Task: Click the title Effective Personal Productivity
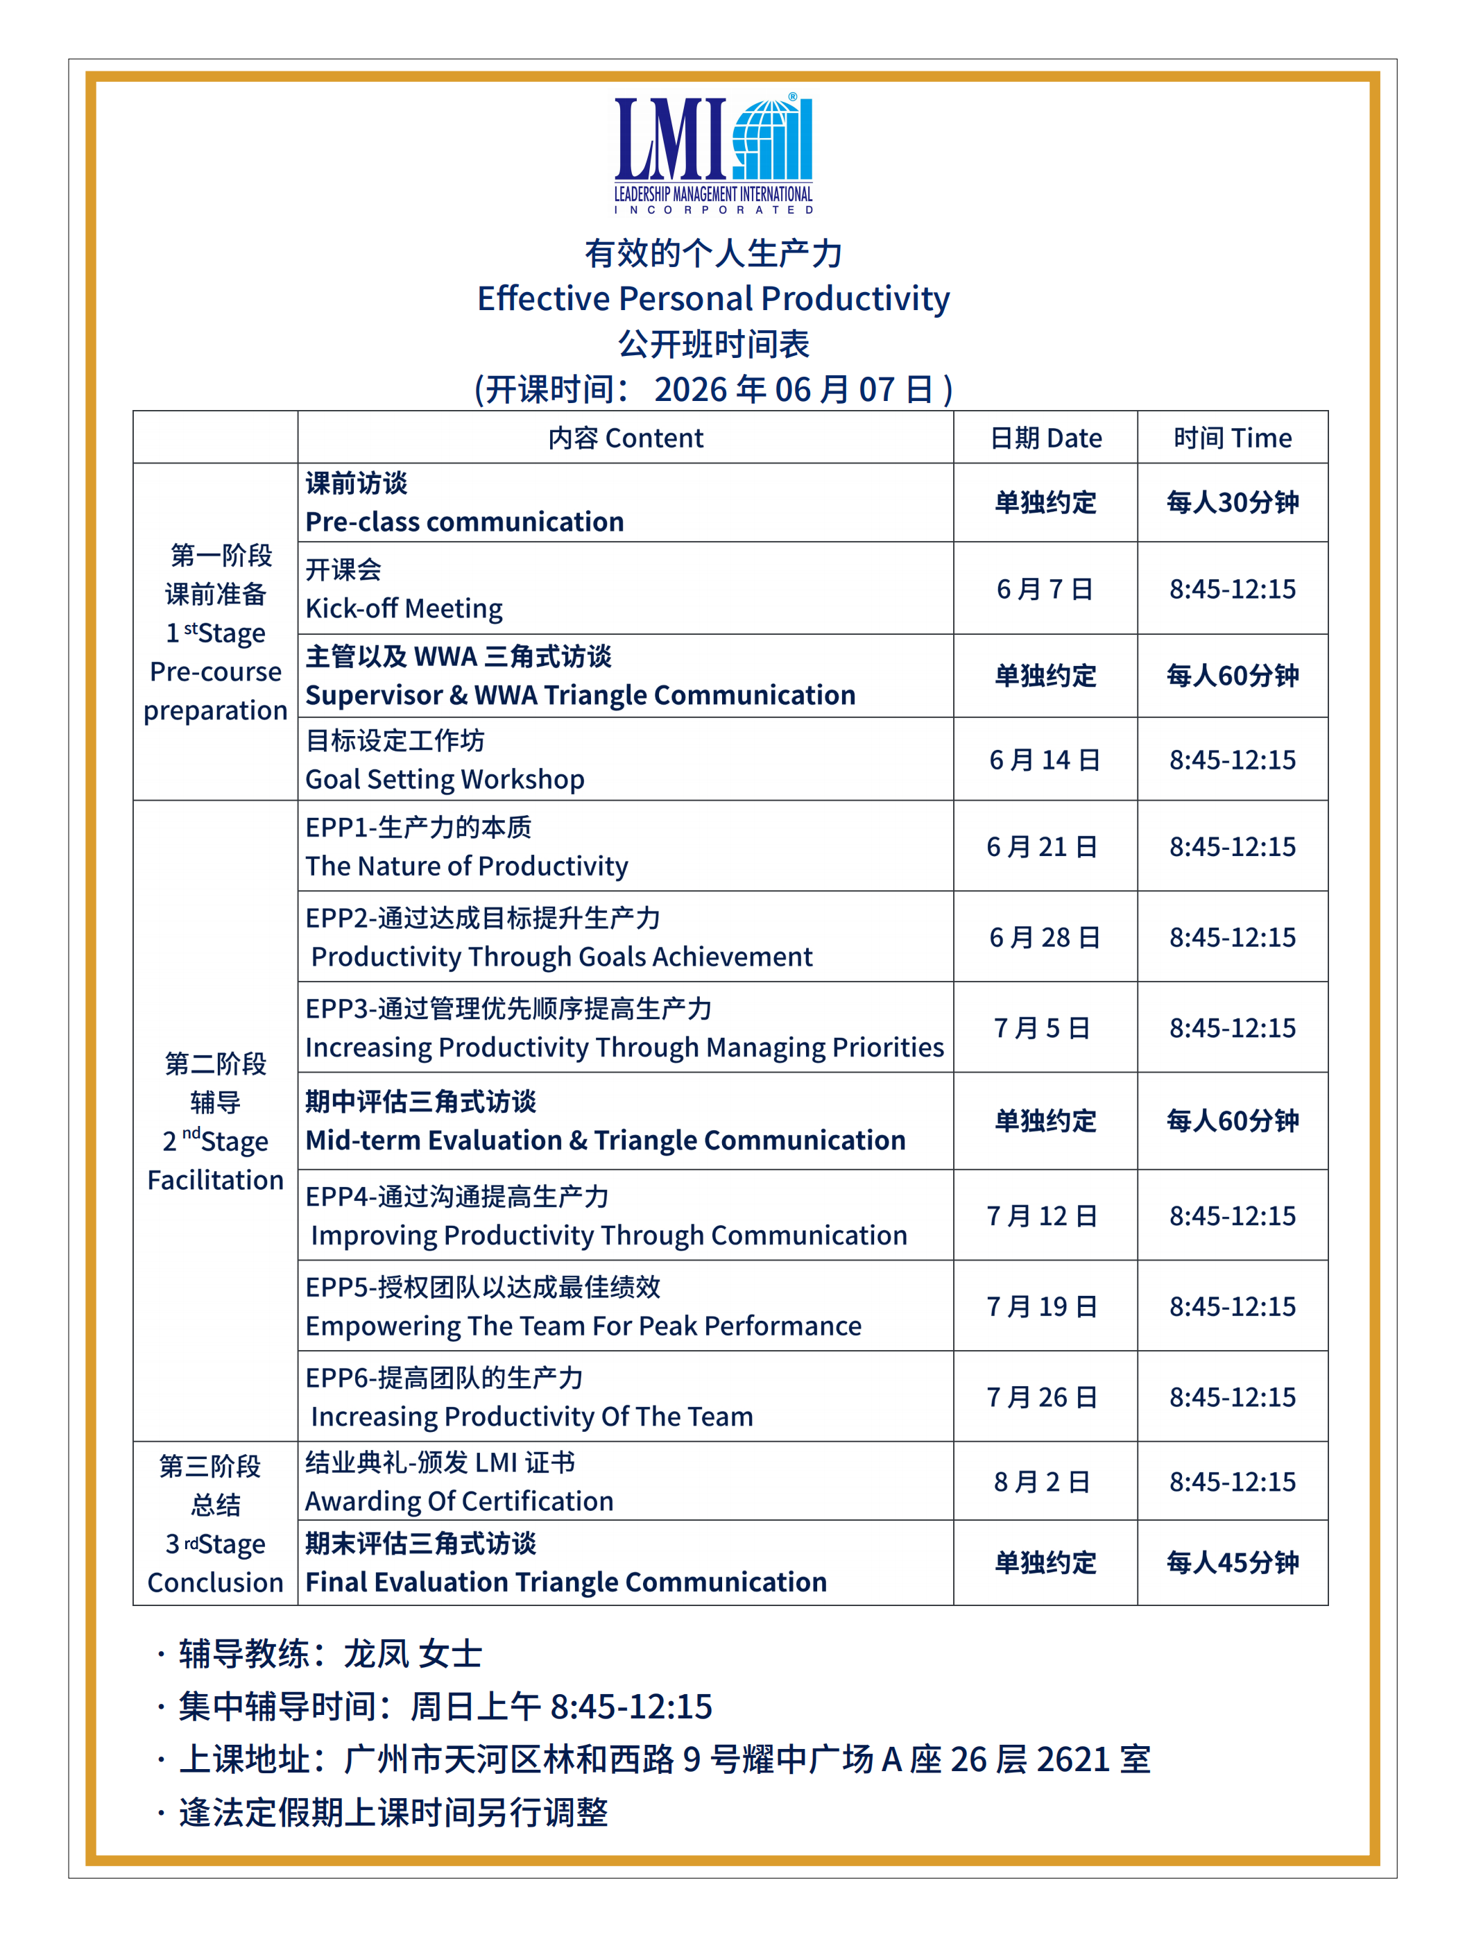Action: pyautogui.click(x=713, y=299)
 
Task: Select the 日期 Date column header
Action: pyautogui.click(x=1045, y=438)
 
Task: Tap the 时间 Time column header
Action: pyautogui.click(x=1232, y=438)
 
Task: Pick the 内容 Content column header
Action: pyautogui.click(x=626, y=438)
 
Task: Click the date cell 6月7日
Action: pyautogui.click(x=1045, y=588)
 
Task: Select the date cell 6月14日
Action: pyautogui.click(x=1045, y=759)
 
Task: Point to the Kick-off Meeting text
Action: pyautogui.click(x=404, y=608)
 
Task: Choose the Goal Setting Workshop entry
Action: pyautogui.click(x=445, y=778)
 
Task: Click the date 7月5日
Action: pyautogui.click(x=1042, y=1027)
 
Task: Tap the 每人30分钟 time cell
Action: pyautogui.click(x=1232, y=502)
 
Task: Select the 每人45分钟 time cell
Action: pyautogui.click(x=1232, y=1562)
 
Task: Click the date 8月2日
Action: pyautogui.click(x=1042, y=1481)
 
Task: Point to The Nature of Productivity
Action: pyautogui.click(x=467, y=865)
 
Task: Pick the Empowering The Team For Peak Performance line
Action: pyautogui.click(x=583, y=1325)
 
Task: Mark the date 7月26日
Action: pyautogui.click(x=1042, y=1397)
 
